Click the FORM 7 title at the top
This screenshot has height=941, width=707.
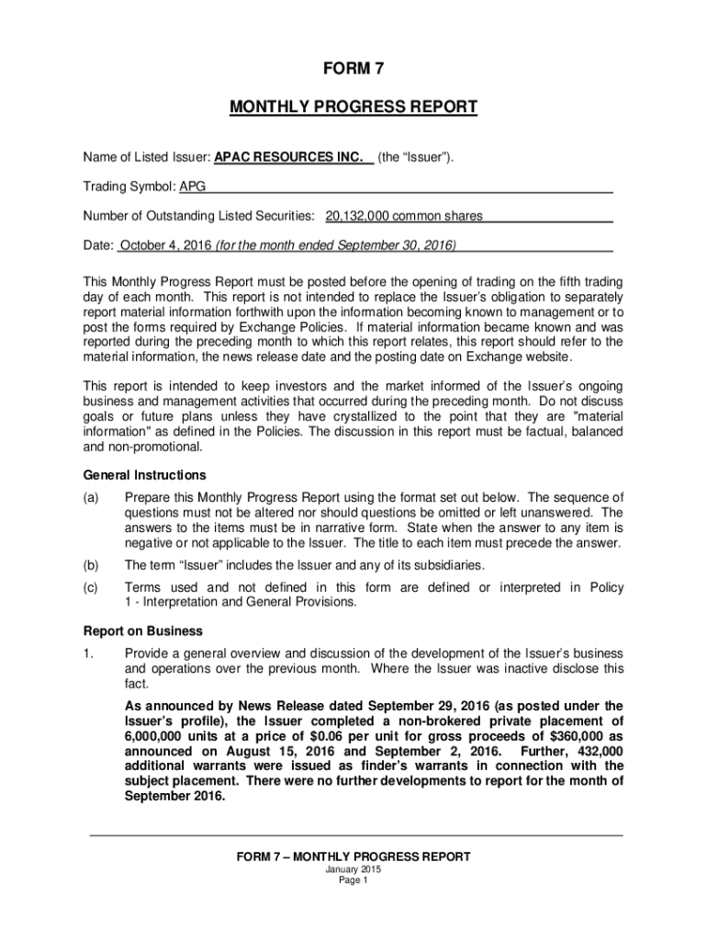coord(353,69)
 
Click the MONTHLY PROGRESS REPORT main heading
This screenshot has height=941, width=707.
coord(353,108)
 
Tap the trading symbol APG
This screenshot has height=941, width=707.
coord(192,187)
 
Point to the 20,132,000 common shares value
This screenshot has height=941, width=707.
coord(404,217)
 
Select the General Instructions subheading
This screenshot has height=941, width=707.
coord(144,475)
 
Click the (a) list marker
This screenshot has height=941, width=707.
coord(91,497)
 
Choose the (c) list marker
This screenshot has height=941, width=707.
coord(91,587)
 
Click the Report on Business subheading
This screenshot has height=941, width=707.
coord(143,631)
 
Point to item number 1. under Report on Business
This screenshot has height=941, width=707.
coord(88,653)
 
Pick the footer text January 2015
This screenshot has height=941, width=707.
coord(353,869)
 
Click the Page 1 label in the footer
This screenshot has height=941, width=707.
coord(353,880)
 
